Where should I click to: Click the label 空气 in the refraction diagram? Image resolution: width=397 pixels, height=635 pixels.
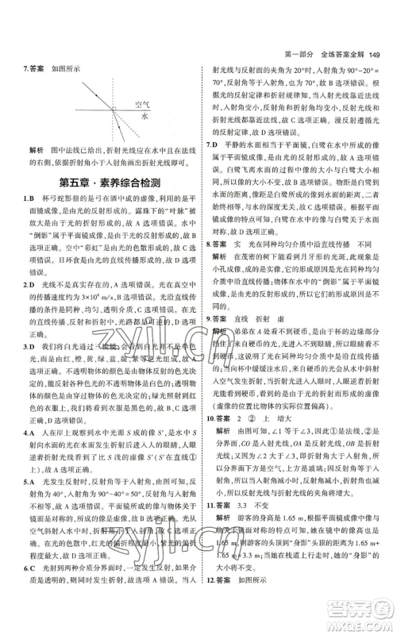pos(144,105)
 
